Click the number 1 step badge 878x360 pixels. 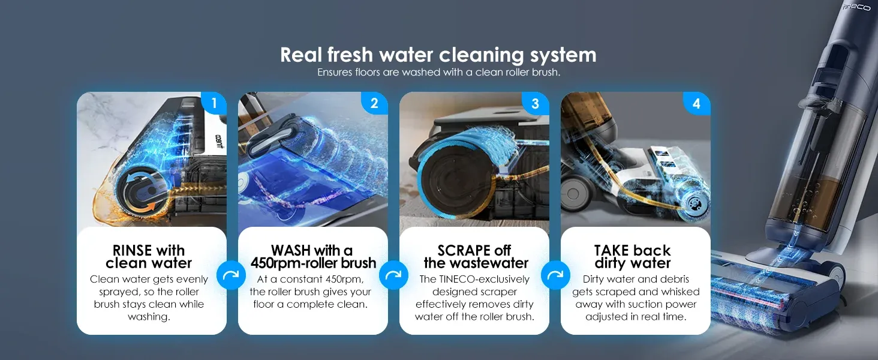pos(214,103)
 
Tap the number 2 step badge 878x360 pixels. pos(374,103)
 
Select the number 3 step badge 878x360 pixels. pos(536,103)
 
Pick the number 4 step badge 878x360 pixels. pos(696,103)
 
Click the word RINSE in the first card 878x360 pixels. pos(133,250)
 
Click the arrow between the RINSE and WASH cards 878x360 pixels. pos(231,275)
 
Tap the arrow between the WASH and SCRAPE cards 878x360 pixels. pos(393,275)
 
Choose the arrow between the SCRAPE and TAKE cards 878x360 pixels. pos(555,275)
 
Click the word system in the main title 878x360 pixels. pos(563,55)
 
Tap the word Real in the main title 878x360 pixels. pos(302,55)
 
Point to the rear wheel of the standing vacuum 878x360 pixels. pos(834,277)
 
